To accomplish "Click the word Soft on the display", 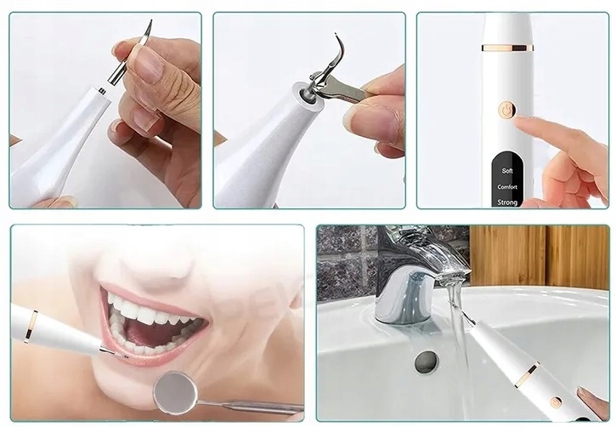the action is tap(507, 171).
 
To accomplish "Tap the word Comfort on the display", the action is tap(507, 187).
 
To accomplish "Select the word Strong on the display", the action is tap(507, 202).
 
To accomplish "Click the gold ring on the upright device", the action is tap(507, 48).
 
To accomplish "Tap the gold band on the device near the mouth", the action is tap(31, 326).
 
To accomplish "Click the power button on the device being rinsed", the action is tap(556, 402).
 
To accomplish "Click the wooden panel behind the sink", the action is tap(539, 255).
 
